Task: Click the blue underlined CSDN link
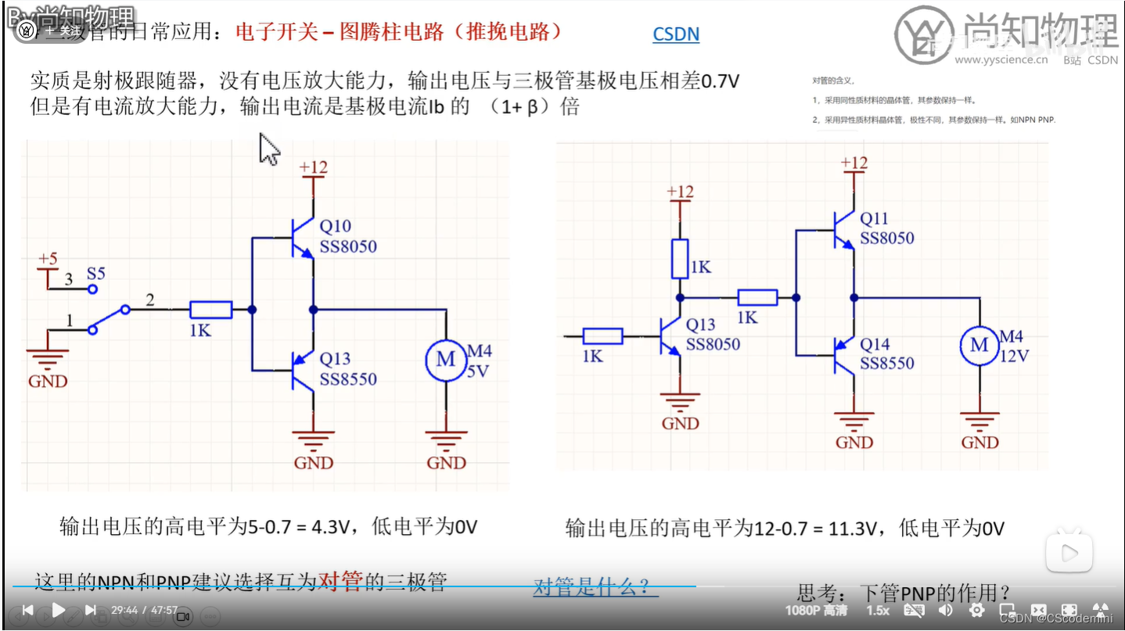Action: pyautogui.click(x=676, y=34)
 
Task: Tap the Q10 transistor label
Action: pyautogui.click(x=335, y=227)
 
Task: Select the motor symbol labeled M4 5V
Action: pyautogui.click(x=445, y=360)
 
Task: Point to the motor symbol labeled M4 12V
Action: pyautogui.click(x=979, y=345)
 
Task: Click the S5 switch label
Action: pyautogui.click(x=95, y=274)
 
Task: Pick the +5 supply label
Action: pyautogui.click(x=48, y=259)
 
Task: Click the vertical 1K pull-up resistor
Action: pyautogui.click(x=680, y=259)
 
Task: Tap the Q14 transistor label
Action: pyautogui.click(x=875, y=344)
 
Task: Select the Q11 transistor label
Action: pyautogui.click(x=875, y=219)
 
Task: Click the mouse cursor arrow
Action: pyautogui.click(x=268, y=149)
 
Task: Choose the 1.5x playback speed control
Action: pyautogui.click(x=878, y=610)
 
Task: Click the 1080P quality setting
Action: pyautogui.click(x=816, y=610)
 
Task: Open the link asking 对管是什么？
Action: pyautogui.click(x=595, y=587)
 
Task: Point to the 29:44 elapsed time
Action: pyautogui.click(x=124, y=610)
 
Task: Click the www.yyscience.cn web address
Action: pyautogui.click(x=1001, y=59)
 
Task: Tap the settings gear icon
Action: pyautogui.click(x=976, y=610)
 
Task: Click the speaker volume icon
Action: pyautogui.click(x=945, y=610)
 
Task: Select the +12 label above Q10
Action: pyautogui.click(x=313, y=167)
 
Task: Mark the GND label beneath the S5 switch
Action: pyautogui.click(x=48, y=382)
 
